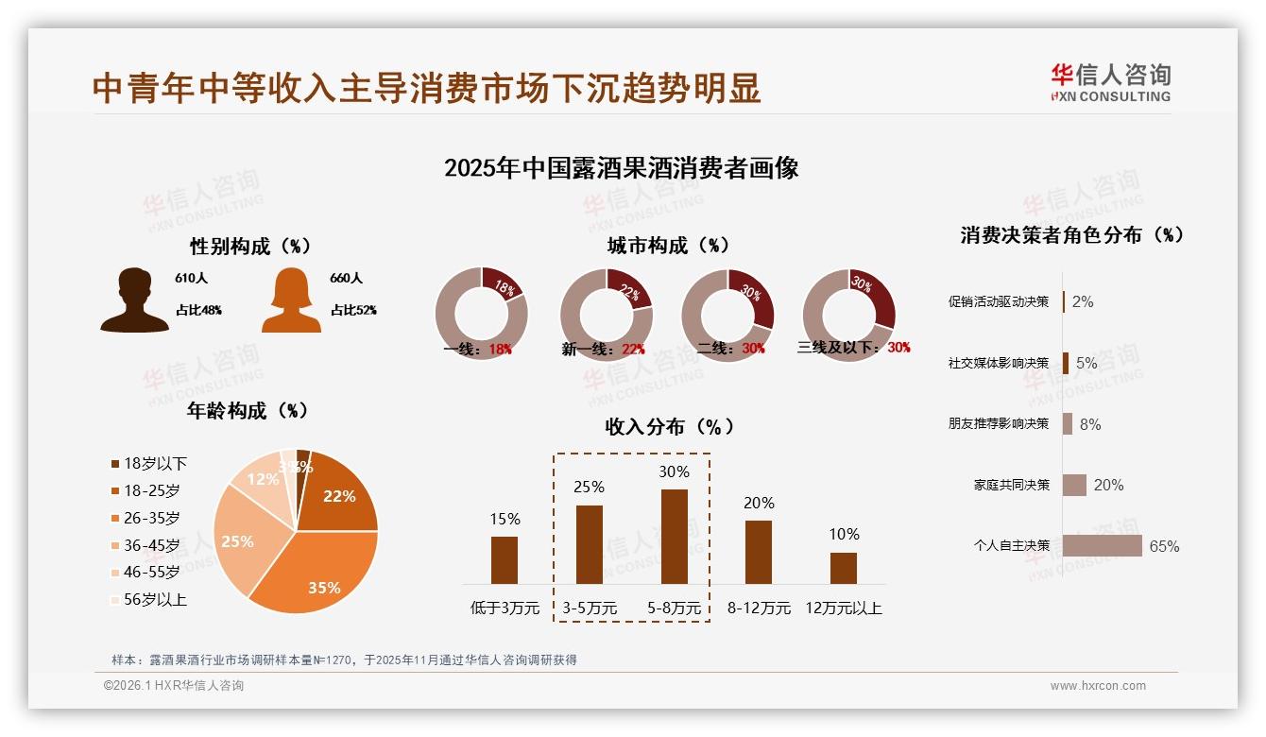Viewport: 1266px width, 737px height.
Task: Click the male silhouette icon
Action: (134, 300)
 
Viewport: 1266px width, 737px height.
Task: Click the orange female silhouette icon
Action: (291, 300)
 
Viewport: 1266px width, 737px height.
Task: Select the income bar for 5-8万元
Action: (674, 536)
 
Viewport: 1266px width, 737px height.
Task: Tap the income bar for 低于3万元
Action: (505, 559)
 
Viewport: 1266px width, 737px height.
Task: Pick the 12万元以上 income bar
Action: (843, 568)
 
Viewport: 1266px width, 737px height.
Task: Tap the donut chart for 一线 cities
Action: (481, 314)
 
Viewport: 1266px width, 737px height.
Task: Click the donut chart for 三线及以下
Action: (848, 314)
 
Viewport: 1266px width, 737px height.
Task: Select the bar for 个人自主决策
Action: (1102, 545)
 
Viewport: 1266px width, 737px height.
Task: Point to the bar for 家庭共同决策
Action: (1074, 485)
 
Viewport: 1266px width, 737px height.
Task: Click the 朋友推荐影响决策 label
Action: (998, 424)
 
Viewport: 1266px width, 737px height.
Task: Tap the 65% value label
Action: (1164, 546)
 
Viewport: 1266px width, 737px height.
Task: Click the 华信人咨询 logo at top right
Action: (1110, 82)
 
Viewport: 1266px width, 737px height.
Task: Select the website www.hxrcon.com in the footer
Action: (1098, 686)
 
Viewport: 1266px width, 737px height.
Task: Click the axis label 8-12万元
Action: (759, 608)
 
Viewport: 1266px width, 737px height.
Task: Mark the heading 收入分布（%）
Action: (670, 426)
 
